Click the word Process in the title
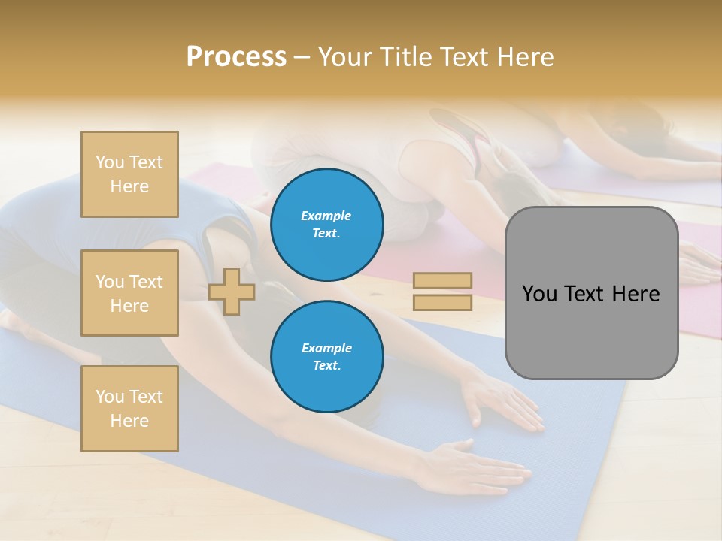tap(236, 57)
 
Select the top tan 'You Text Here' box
tap(129, 174)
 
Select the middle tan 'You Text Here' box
tap(129, 293)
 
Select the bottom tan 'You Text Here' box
tap(129, 409)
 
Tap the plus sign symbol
tap(232, 292)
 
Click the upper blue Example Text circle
tap(327, 224)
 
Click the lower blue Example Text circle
tap(327, 356)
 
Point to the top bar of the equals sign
tap(442, 280)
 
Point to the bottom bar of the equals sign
tap(442, 302)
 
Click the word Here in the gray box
tap(636, 293)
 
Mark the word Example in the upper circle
tap(326, 216)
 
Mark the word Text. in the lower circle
tap(326, 365)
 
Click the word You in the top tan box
tap(109, 162)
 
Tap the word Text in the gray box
tap(586, 293)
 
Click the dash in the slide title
tap(302, 58)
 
